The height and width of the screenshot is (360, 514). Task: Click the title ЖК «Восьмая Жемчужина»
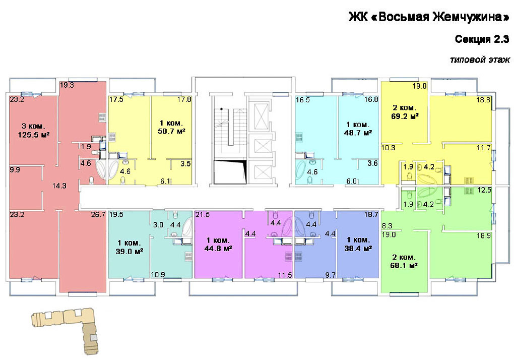click(429, 17)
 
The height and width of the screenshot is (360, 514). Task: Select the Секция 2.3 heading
click(482, 39)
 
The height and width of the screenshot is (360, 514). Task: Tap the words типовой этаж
click(480, 60)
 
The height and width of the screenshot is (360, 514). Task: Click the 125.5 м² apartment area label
click(34, 135)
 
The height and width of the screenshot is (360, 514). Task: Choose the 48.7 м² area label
click(358, 133)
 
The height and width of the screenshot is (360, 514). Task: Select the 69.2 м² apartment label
click(405, 116)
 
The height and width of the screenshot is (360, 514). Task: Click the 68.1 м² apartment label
click(404, 266)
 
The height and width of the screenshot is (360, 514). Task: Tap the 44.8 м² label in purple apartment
click(218, 249)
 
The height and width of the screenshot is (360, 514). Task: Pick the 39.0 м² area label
click(130, 252)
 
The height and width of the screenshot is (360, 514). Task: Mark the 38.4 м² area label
click(358, 249)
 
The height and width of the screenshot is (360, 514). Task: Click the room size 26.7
click(98, 215)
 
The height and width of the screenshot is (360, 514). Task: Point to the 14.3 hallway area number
click(59, 186)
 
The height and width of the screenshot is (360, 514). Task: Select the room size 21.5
click(202, 215)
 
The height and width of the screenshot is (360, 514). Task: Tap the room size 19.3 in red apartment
click(67, 85)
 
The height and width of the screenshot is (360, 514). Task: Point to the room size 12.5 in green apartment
click(484, 190)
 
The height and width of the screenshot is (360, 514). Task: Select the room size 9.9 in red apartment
click(15, 170)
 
